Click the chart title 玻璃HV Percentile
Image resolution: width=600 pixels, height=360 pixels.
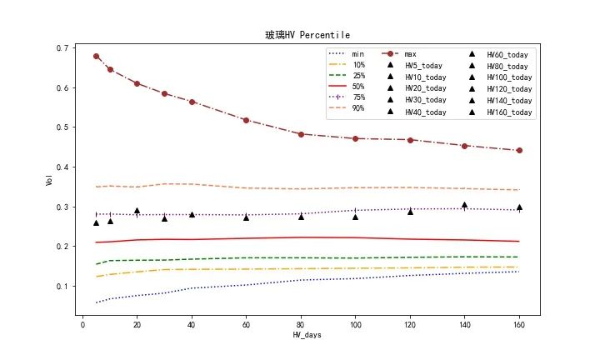point(307,35)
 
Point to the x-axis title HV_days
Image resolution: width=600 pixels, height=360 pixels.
point(307,335)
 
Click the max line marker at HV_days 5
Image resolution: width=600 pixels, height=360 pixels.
point(96,56)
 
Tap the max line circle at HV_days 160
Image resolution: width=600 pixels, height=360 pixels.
point(519,150)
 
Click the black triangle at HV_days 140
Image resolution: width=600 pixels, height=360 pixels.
point(464,205)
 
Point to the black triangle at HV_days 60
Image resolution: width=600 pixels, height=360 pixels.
point(246,217)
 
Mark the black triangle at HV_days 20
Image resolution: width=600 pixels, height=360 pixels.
point(137,212)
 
